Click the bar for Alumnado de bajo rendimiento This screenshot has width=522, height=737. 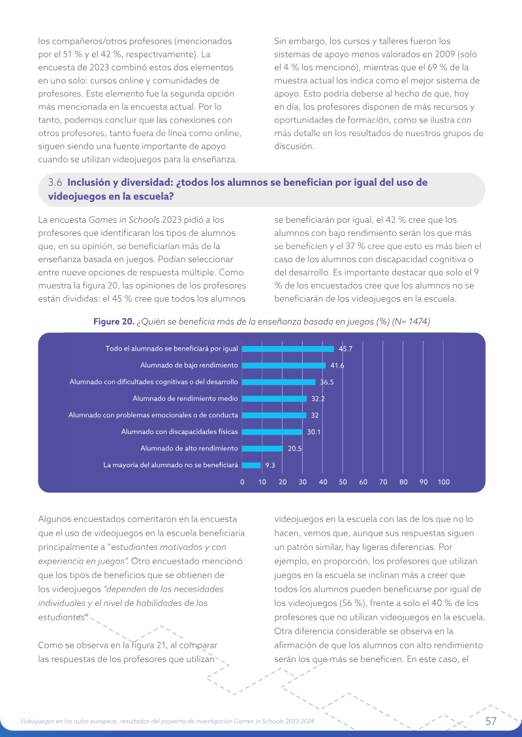284,365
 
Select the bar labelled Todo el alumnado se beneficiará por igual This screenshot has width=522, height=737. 288,349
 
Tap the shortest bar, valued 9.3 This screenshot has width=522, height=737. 251,465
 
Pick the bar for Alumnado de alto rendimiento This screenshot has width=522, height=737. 263,448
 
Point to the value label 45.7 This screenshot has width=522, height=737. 345,349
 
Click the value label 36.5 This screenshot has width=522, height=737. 327,382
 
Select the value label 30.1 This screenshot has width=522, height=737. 313,432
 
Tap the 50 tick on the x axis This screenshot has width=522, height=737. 343,482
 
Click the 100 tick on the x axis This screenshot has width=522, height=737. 444,482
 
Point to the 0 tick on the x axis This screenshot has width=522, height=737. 243,482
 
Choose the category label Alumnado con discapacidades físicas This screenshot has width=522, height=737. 179,431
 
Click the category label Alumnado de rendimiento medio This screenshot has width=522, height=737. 185,399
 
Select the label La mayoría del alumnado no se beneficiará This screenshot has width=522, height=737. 170,465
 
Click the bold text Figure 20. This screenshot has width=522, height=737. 114,321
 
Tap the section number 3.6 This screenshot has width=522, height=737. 55,182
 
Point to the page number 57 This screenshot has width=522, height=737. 491,721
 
